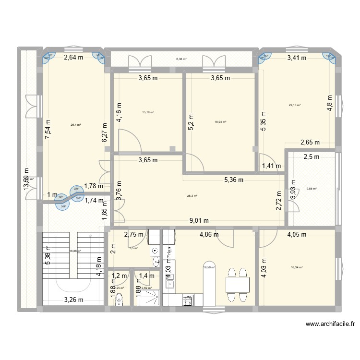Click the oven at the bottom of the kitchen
(187, 300)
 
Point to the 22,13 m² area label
(294, 105)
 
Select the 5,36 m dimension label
(233, 180)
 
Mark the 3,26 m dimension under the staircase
(73, 301)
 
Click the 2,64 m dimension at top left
(73, 58)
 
